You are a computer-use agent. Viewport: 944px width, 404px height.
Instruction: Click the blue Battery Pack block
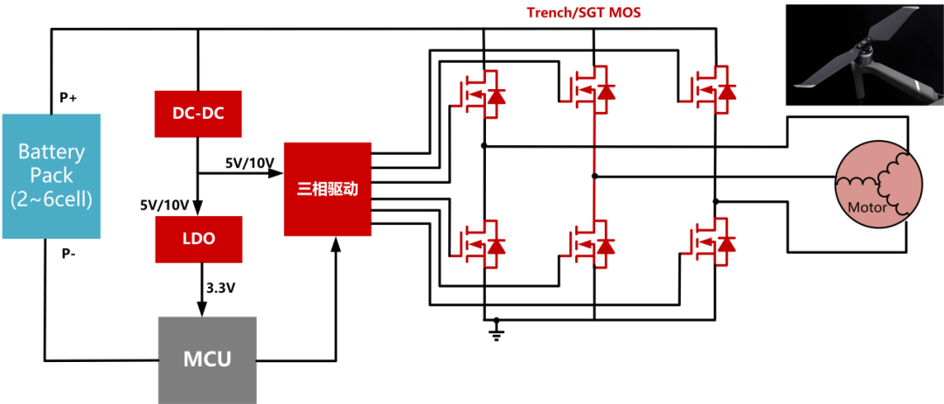52,176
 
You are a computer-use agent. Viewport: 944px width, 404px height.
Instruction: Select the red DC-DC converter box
198,113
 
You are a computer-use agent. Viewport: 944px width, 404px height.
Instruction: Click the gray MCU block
207,359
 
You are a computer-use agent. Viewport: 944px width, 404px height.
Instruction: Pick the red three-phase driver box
327,189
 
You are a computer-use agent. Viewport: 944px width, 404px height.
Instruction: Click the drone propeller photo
864,54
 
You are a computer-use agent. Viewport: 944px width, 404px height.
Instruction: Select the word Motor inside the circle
867,208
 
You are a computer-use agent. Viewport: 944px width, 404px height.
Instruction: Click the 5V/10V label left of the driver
250,163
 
